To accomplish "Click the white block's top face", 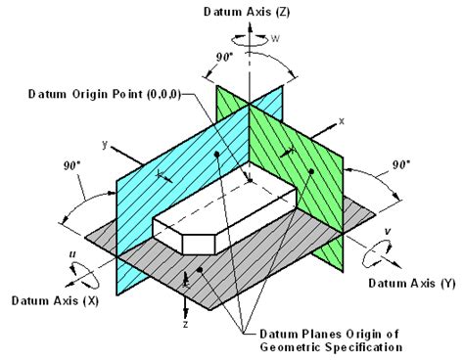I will [x=225, y=201].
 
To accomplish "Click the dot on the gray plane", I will [x=201, y=269].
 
